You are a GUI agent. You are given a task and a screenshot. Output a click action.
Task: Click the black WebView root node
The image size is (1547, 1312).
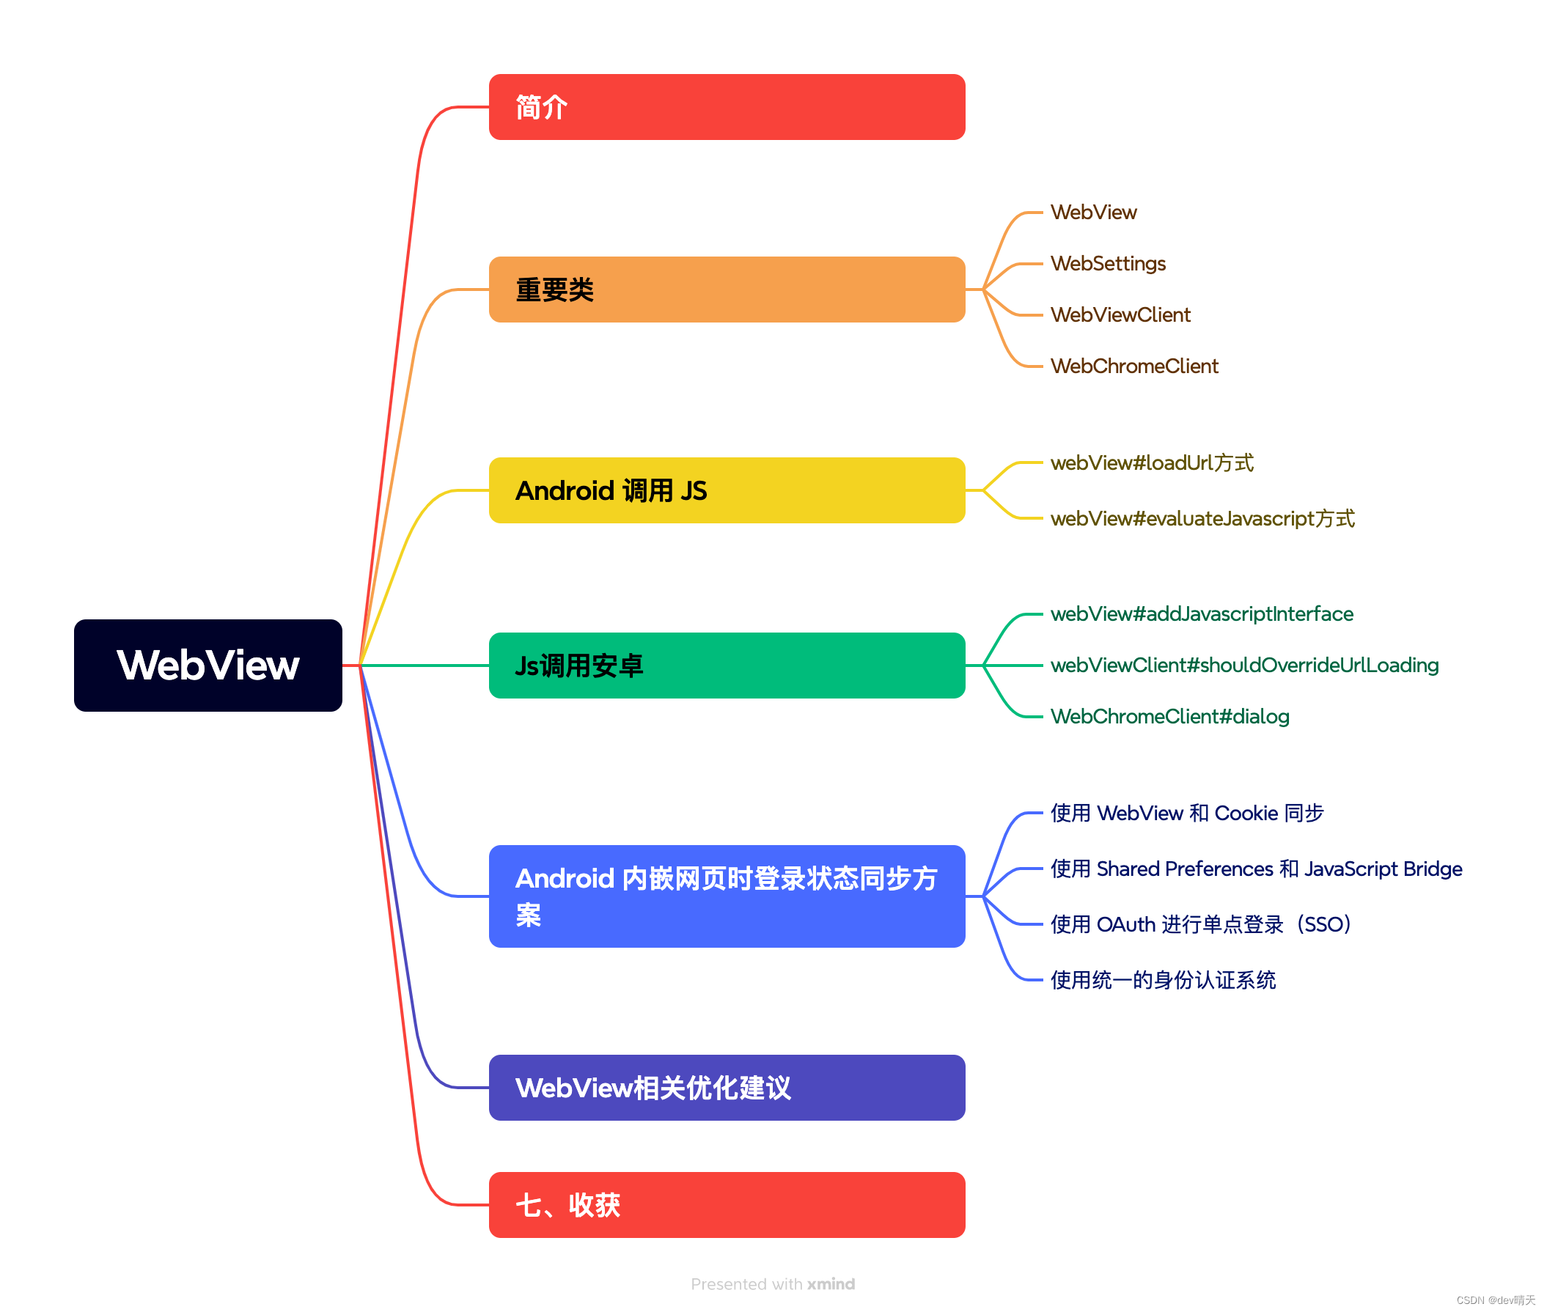click(207, 665)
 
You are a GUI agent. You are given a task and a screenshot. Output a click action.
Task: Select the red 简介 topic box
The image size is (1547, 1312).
click(727, 107)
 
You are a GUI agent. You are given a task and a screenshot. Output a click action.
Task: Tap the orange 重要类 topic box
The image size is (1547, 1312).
click(727, 290)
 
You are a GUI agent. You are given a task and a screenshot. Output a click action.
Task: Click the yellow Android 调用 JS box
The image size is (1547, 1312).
click(727, 490)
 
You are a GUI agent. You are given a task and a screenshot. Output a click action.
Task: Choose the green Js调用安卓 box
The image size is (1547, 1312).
click(727, 665)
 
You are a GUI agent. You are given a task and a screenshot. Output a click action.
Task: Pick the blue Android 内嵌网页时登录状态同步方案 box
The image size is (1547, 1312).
click(727, 896)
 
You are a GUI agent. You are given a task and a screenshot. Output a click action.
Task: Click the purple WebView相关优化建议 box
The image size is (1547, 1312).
click(727, 1087)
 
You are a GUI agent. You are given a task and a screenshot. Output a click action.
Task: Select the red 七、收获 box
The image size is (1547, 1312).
click(727, 1204)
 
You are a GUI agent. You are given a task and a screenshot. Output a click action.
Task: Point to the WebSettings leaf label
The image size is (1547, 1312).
click(1107, 263)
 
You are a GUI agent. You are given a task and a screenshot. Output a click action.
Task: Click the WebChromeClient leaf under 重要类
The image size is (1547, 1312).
click(1133, 366)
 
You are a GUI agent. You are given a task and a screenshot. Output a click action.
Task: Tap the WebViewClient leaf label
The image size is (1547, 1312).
click(1120, 314)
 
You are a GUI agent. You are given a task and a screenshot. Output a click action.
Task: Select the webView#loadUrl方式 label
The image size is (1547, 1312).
click(1151, 462)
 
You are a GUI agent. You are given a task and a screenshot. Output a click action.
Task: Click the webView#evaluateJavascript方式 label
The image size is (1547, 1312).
click(1202, 518)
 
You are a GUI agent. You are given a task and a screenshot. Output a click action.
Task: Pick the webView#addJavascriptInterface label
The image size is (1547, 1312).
click(1201, 613)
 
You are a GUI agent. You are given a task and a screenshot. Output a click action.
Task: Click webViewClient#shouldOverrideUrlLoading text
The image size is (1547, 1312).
click(1243, 665)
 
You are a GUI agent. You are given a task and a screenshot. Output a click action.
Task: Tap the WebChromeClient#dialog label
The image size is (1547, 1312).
click(1169, 716)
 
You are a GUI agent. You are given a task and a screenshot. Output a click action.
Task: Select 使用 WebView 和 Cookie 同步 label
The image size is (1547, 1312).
click(1186, 813)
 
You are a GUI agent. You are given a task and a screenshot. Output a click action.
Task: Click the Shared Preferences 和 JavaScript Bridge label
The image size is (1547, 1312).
click(1255, 869)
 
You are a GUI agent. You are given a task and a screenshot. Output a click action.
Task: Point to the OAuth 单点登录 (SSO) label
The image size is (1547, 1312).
click(1199, 924)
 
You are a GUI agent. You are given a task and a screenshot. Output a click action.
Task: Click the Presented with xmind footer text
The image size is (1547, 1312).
click(772, 1283)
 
